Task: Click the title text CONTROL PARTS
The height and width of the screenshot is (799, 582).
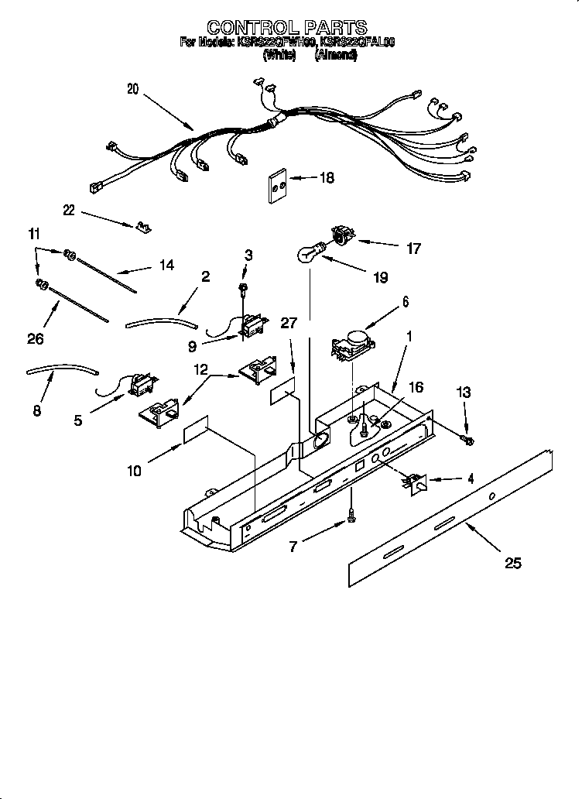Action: pos(286,29)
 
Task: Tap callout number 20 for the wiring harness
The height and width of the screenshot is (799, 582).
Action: pos(132,90)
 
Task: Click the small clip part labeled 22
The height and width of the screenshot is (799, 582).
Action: pos(142,227)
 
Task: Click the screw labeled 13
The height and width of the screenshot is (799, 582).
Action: pos(467,441)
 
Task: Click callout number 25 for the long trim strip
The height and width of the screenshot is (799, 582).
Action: pos(512,563)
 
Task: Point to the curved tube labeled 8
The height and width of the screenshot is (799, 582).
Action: pos(62,372)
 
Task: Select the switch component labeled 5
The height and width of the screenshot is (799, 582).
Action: pos(142,383)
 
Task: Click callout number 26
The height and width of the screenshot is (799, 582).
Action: pos(36,338)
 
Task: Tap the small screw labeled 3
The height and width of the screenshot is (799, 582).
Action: pos(243,288)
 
